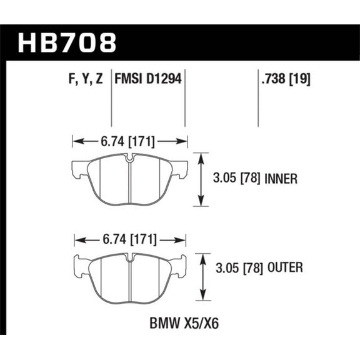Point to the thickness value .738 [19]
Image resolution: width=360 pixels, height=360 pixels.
(x=284, y=79)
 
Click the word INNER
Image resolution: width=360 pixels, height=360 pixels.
(x=280, y=181)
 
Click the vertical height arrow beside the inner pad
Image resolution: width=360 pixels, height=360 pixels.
(x=201, y=180)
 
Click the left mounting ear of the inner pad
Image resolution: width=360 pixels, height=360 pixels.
(x=79, y=168)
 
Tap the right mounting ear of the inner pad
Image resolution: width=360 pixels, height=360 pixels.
(x=181, y=167)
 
